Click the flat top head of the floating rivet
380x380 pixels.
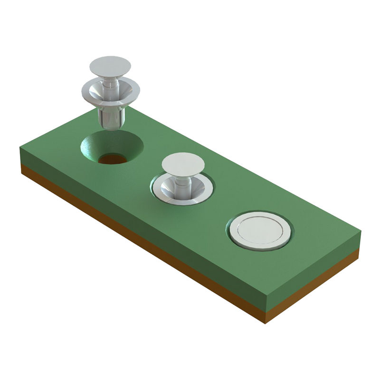point(110,66)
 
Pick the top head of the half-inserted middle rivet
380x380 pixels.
point(183,164)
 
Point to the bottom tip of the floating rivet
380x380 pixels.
point(110,127)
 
